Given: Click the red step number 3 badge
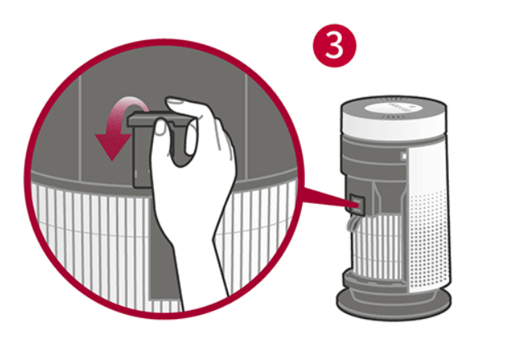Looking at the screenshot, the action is point(335,45).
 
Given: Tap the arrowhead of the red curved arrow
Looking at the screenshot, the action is point(113,146).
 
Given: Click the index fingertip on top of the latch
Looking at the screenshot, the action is point(176,102).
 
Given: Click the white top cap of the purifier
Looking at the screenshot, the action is point(394,118).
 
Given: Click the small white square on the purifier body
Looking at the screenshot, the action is point(404,156).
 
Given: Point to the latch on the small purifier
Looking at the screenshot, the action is point(357,203).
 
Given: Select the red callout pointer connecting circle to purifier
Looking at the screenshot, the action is point(325,197).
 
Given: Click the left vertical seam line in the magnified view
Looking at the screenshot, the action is point(81,127).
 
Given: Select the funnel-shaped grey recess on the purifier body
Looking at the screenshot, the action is point(388,196).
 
